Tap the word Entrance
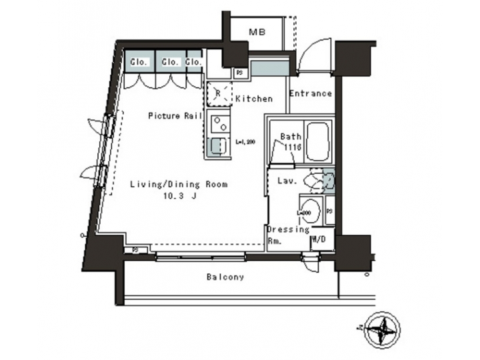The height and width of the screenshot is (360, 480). tap(311, 93)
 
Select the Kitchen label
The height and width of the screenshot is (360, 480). tap(254, 99)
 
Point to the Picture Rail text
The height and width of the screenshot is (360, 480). tap(175, 116)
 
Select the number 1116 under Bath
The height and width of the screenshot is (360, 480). tap(293, 147)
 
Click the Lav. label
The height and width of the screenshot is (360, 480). tap(287, 181)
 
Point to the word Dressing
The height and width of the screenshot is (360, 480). tap(289, 229)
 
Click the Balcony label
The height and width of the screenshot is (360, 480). tap(225, 277)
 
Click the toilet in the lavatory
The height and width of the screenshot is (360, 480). tap(314, 181)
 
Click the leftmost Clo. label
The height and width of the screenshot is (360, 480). tap(139, 62)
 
